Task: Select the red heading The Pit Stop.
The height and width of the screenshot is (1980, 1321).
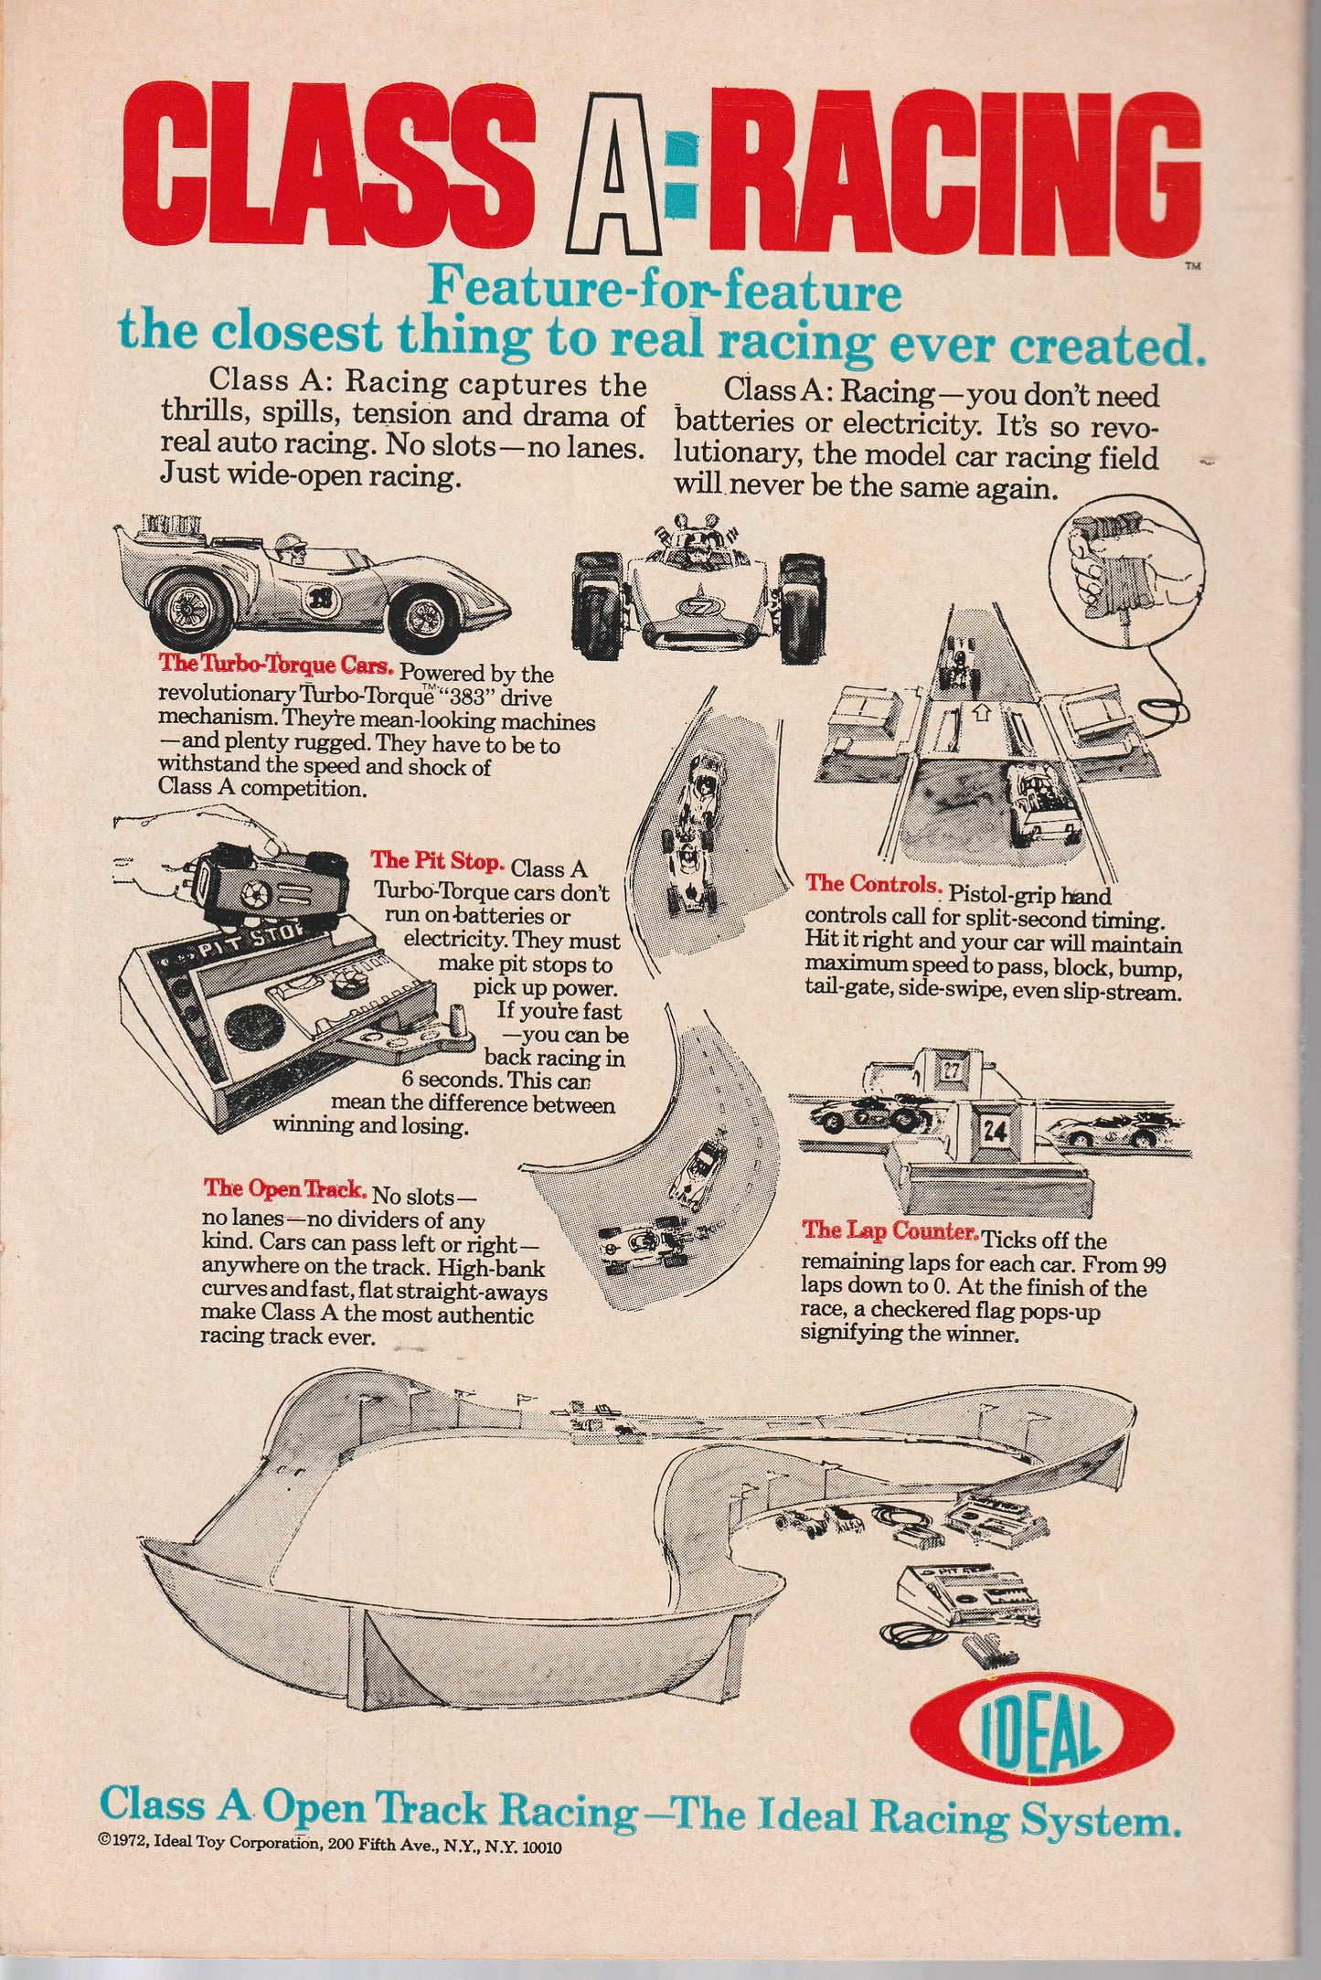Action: coord(437,861)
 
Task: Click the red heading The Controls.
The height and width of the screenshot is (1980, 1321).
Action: coord(872,885)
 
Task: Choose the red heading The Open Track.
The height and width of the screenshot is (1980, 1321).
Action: coord(285,1189)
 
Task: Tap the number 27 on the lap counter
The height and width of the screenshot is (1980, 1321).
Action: coord(951,1070)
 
